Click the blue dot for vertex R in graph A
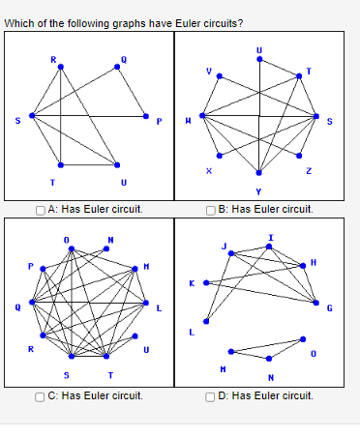pyautogui.click(x=61, y=67)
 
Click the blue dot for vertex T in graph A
pyautogui.click(x=61, y=163)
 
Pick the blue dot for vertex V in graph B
pyautogui.click(x=220, y=78)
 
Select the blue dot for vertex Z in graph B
pyautogui.click(x=300, y=155)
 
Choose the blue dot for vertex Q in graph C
pyautogui.click(x=31, y=303)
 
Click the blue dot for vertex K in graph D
pyautogui.click(x=205, y=282)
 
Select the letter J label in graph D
pyautogui.click(x=226, y=246)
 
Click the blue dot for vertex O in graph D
pyautogui.click(x=303, y=339)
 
